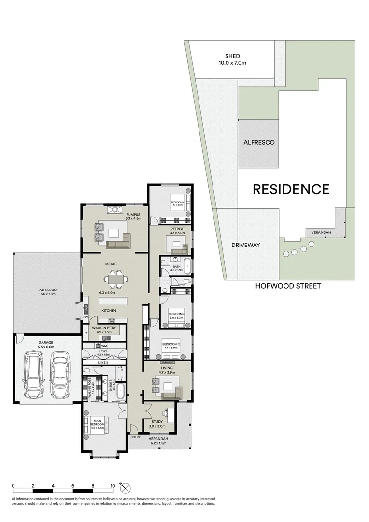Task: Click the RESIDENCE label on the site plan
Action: tap(291, 189)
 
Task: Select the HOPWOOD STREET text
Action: tap(288, 286)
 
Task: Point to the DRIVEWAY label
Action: tap(245, 245)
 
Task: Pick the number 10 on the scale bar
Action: tap(113, 486)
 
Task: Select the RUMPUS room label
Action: tap(133, 216)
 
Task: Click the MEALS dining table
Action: tap(115, 279)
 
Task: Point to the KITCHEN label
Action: tap(108, 310)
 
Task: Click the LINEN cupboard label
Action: tap(103, 362)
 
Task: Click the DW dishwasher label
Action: tap(85, 317)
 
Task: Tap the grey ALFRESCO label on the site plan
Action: tap(259, 142)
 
